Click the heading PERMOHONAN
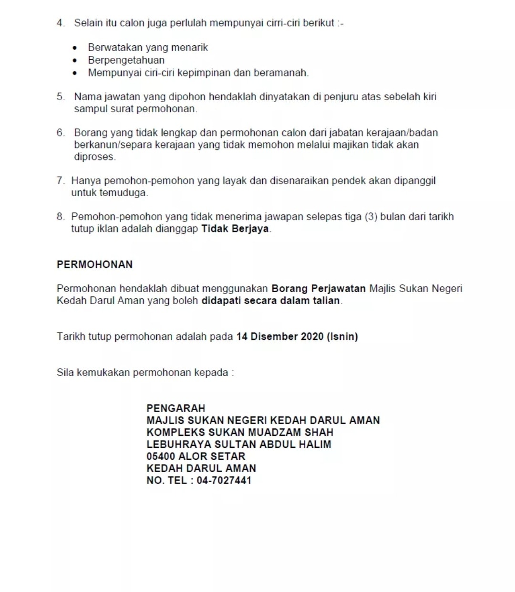pyautogui.click(x=94, y=264)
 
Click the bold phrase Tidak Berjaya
pyautogui.click(x=235, y=229)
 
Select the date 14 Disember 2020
pyautogui.click(x=280, y=337)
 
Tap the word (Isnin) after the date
pyautogui.click(x=342, y=337)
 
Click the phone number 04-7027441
pyautogui.click(x=224, y=480)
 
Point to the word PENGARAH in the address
pyautogui.click(x=175, y=408)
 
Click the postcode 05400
pyautogui.click(x=161, y=456)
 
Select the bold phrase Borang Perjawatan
pyautogui.click(x=319, y=288)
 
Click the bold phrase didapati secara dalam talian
pyautogui.click(x=271, y=301)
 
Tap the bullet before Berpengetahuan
pyautogui.click(x=75, y=61)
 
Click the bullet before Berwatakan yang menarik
pyautogui.click(x=75, y=48)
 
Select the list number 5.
pyautogui.click(x=60, y=97)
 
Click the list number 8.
pyautogui.click(x=60, y=217)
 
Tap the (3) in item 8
pyautogui.click(x=371, y=217)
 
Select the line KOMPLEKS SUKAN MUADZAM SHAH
pyautogui.click(x=240, y=433)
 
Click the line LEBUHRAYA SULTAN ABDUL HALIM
pyautogui.click(x=238, y=444)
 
